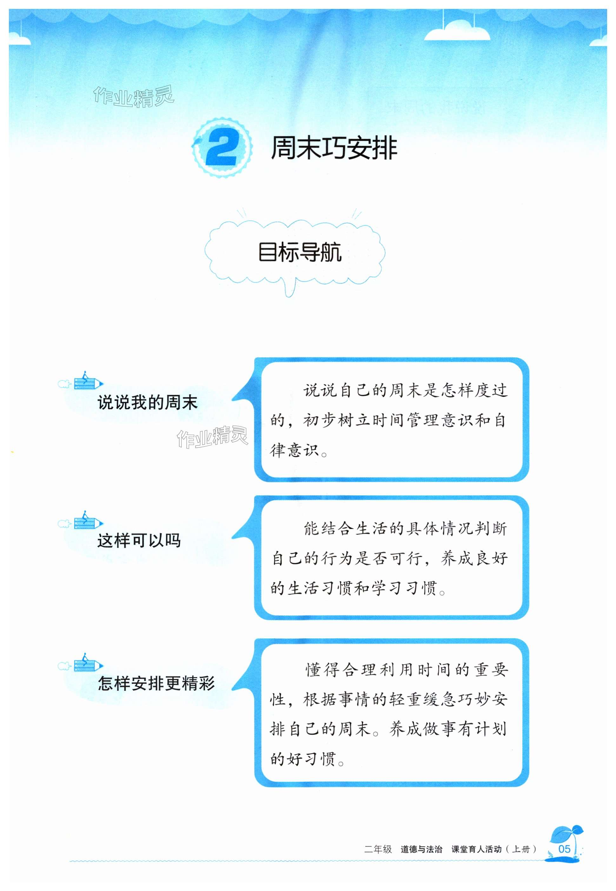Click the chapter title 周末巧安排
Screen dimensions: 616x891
coord(334,148)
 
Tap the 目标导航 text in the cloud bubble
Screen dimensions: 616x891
coord(300,252)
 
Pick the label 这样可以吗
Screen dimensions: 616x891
coord(139,540)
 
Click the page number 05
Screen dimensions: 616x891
coord(564,849)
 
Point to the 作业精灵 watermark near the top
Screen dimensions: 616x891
coord(134,97)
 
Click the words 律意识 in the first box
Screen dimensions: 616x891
coord(294,450)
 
